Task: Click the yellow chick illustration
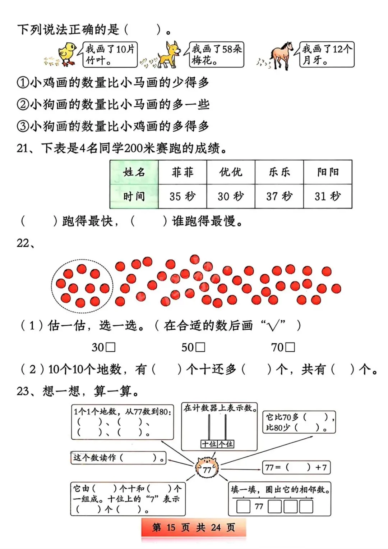67,54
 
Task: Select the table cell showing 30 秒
231,196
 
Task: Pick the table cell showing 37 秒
279,196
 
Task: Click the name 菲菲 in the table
183,172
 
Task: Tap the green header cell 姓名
134,172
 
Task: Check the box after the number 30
111,347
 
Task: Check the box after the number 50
201,347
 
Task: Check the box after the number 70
290,347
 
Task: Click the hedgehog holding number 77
207,467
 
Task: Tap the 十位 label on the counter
209,444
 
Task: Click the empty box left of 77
243,507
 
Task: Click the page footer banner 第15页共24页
194,527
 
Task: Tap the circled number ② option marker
22,105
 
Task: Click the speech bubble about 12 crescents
327,55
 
